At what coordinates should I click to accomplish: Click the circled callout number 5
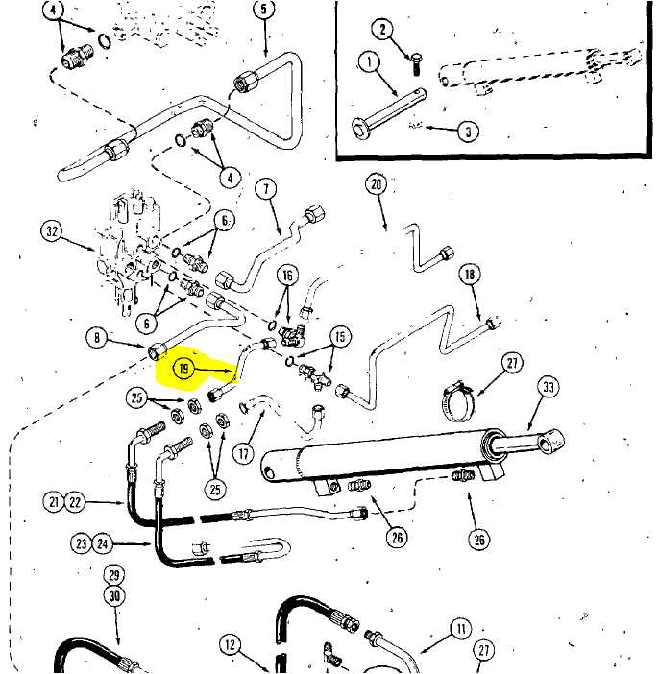coord(264,11)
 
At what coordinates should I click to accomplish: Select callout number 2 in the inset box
coord(383,30)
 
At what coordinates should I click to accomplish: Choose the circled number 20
coord(375,184)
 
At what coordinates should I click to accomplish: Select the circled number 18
coord(469,276)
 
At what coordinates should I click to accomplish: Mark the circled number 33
coord(549,388)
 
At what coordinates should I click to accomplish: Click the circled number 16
coord(286,277)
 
